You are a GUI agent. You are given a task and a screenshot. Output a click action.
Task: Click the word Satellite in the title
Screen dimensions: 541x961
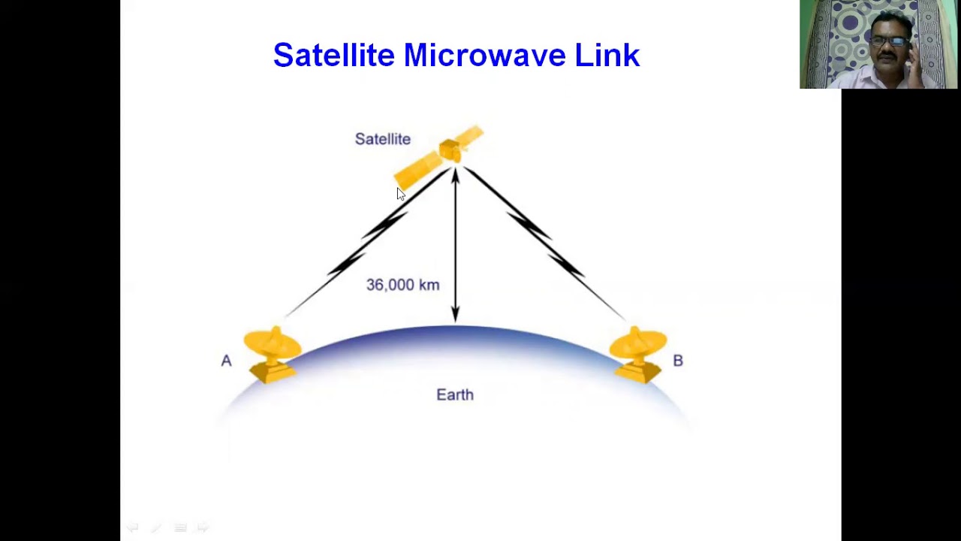point(333,56)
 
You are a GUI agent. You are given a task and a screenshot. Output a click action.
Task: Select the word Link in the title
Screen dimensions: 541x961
point(607,56)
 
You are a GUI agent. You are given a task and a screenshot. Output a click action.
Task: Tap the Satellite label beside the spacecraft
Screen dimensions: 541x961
point(382,139)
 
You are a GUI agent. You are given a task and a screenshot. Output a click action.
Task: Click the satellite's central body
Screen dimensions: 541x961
point(450,150)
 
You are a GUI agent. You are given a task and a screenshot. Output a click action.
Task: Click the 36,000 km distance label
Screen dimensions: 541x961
point(402,285)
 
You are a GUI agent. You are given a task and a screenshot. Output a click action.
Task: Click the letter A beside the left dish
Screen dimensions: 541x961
point(226,361)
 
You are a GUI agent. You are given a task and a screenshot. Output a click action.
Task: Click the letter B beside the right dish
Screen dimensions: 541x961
point(678,361)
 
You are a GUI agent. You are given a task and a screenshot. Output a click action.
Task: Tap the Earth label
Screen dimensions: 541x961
point(455,394)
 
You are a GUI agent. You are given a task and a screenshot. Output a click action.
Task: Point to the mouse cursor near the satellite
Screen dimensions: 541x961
point(400,194)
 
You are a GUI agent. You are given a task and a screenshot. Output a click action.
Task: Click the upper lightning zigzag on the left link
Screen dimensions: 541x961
point(385,224)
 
